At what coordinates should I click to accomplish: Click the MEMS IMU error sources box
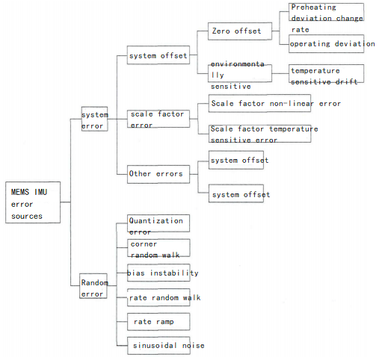33,202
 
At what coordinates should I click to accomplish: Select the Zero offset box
240,31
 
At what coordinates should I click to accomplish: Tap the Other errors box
158,174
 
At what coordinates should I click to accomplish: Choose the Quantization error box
158,223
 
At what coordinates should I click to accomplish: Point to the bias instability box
158,273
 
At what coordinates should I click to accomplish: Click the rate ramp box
158,322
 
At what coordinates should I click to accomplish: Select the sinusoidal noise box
159,346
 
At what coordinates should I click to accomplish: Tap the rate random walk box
158,297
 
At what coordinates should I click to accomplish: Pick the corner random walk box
158,248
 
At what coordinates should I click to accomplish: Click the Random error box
93,286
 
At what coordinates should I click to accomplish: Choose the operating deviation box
326,44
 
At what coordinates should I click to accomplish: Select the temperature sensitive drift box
326,74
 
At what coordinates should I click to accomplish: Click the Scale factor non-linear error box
259,103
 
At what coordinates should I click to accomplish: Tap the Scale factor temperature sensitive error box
260,134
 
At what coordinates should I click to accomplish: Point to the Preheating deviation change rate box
326,12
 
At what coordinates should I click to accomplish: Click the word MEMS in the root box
20,192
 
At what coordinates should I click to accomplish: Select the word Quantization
156,220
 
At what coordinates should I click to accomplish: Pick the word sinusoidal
155,346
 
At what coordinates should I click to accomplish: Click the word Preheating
314,7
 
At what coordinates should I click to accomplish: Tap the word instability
174,273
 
